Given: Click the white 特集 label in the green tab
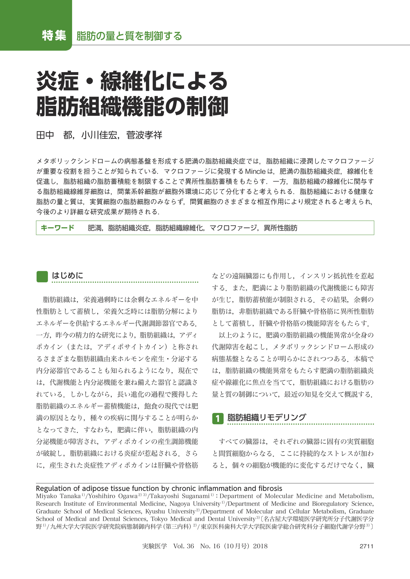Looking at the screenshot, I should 54,36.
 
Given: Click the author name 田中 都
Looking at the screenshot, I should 54,135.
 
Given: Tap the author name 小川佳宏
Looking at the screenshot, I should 99,135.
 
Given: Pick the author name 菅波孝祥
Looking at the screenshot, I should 144,135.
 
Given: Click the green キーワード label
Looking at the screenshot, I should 57,228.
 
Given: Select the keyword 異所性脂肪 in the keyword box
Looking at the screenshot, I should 280,228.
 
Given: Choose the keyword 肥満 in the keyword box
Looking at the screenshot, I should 94,228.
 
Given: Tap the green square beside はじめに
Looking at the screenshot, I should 42,277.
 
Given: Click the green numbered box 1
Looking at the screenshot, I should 218,418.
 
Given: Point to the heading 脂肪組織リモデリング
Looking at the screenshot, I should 267,417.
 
